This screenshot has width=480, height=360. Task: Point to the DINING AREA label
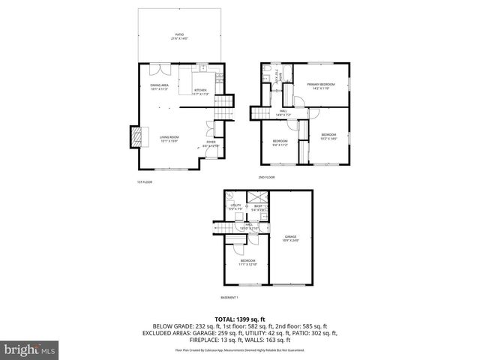coord(158,88)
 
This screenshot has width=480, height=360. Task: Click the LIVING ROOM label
coord(169,139)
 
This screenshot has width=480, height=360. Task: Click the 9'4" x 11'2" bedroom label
coord(280,142)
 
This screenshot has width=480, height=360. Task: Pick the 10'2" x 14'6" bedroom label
coord(329,136)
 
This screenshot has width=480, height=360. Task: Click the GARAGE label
coord(290,238)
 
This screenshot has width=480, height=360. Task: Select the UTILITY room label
coord(235,206)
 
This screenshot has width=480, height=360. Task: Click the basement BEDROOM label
coord(247,262)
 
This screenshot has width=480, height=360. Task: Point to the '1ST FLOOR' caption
coord(145,182)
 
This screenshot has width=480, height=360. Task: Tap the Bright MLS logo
coord(29,349)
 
